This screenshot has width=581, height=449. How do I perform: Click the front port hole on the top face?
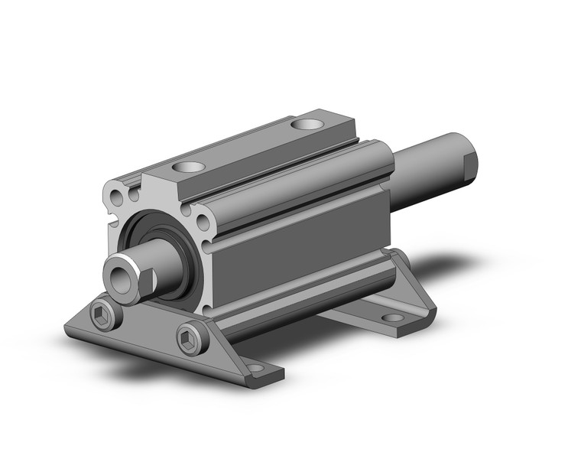(188, 167)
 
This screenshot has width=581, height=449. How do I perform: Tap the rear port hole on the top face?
(310, 124)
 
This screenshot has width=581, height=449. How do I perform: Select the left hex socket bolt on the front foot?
(105, 314)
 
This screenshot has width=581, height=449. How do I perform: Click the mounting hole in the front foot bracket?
(254, 369)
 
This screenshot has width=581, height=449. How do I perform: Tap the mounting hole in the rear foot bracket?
(392, 317)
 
